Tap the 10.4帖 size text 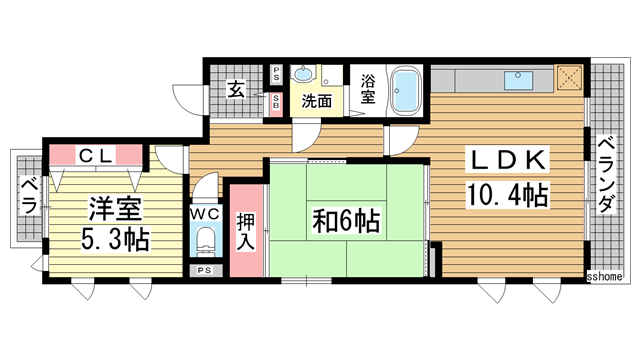[506, 193]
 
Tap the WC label [205, 213]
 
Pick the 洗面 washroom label [318, 100]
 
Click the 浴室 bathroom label [367, 87]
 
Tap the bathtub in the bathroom [406, 90]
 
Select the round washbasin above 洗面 [304, 75]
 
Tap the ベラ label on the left [28, 196]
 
